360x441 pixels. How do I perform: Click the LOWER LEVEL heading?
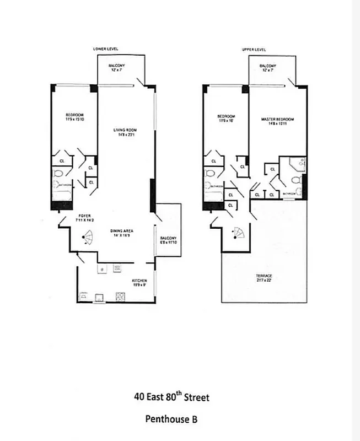point(105,49)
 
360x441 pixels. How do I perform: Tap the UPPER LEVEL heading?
point(254,49)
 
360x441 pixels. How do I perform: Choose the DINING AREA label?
point(122,232)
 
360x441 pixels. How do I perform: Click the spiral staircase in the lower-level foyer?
point(87,238)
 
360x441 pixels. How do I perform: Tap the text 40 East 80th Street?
point(171,396)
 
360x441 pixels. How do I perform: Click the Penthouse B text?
point(171,419)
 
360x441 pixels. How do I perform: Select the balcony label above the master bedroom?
point(268,68)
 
